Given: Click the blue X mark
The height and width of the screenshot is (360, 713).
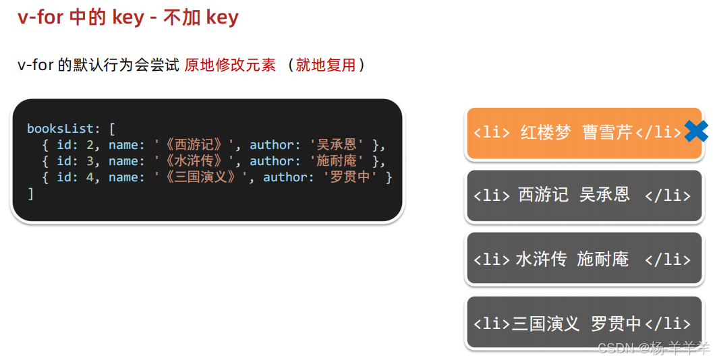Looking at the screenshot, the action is coord(695,131).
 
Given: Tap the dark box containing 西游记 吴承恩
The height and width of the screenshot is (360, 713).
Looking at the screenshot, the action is coord(583,196).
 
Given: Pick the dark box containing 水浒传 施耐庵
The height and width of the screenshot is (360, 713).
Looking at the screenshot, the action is coord(583,259).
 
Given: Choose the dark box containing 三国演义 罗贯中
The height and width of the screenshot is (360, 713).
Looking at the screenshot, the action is coord(583,323).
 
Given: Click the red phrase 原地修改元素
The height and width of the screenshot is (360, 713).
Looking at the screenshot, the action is coord(230,65).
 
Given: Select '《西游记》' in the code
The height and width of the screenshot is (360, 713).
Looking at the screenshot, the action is coord(194,145).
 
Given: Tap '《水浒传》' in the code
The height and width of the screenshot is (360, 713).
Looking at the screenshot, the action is coord(194,161).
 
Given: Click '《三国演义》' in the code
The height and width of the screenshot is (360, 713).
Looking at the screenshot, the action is coord(201,177).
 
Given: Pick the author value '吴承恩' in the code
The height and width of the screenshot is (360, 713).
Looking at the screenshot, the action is coord(335,145).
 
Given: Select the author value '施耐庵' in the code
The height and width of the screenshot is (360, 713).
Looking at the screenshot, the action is coord(335,161).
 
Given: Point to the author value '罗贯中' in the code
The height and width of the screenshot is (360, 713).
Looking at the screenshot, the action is coord(348,177).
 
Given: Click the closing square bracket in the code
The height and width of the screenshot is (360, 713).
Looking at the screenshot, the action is coord(30,193).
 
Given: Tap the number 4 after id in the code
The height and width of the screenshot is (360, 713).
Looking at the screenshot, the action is coord(89,177).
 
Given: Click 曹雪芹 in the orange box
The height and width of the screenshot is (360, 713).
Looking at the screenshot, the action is coord(607,132).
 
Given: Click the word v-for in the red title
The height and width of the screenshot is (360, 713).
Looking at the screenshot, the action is coord(41,18).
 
